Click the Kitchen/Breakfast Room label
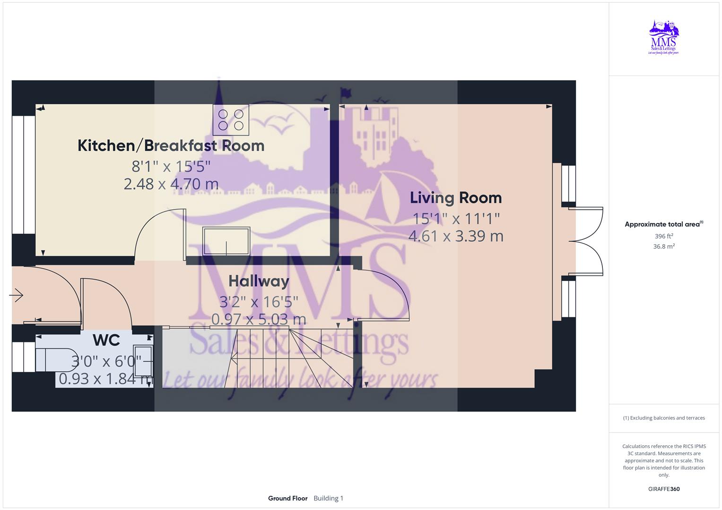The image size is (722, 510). point(171,145)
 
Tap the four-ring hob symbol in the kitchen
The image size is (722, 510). point(231,120)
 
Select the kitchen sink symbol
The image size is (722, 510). point(226,241)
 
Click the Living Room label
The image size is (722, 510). point(455,197)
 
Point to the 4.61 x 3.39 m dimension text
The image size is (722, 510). point(455,236)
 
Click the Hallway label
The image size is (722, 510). point(259,281)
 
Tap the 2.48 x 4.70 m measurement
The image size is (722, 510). point(171,184)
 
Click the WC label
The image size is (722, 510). point(106,340)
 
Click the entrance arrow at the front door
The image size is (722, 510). point(17,296)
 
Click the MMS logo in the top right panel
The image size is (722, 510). point(663,38)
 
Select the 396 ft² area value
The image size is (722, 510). point(663,236)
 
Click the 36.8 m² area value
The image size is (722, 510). point(663,246)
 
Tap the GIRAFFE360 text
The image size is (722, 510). point(663,489)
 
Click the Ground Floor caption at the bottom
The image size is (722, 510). point(287,498)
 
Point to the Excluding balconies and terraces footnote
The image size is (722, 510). point(663,418)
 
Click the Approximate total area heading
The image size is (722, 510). point(662,224)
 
